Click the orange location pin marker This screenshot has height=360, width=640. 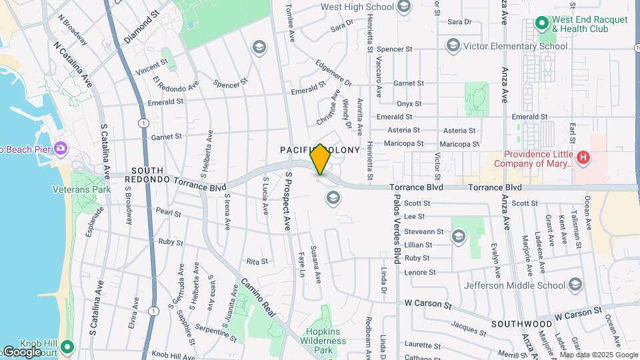point(320,159)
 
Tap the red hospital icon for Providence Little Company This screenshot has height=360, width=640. point(583,158)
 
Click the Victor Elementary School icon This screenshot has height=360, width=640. point(453,46)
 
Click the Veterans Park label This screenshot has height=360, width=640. point(81,189)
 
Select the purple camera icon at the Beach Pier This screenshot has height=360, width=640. point(61,147)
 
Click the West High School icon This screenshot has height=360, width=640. point(403,7)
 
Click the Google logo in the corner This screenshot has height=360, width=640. point(21,352)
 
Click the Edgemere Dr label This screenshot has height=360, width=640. point(333,74)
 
